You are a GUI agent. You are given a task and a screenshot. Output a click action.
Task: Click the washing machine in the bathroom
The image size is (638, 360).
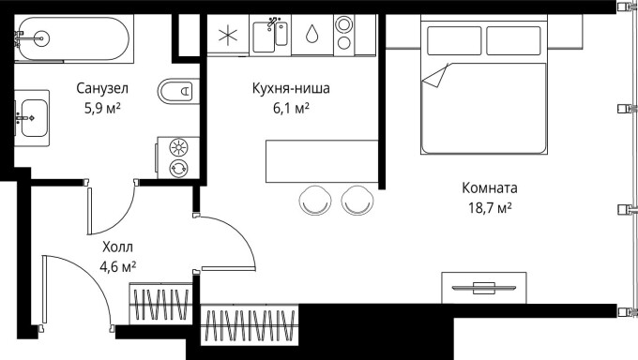pyautogui.click(x=176, y=157)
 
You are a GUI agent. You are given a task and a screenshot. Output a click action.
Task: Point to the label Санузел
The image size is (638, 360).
pyautogui.click(x=102, y=89)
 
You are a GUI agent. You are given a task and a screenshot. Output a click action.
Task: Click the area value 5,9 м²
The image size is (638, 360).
pyautogui.click(x=102, y=108)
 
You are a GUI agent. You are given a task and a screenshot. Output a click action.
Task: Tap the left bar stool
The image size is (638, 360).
pyautogui.click(x=315, y=199)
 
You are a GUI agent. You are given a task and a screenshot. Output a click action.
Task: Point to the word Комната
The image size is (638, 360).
pyautogui.click(x=489, y=187)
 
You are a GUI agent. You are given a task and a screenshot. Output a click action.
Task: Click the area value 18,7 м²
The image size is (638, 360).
pyautogui.click(x=489, y=206)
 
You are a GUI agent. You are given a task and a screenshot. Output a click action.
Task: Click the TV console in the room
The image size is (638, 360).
pyautogui.click(x=483, y=285)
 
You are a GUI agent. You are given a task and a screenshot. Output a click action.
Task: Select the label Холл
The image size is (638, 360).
pyautogui.click(x=117, y=247)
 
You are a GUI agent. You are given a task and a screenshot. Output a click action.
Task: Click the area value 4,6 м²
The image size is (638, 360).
pyautogui.click(x=117, y=266)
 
